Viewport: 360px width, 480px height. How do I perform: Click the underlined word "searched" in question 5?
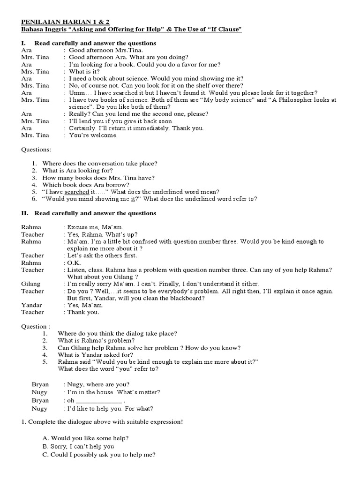(76, 192)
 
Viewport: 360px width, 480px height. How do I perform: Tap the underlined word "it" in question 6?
(133, 199)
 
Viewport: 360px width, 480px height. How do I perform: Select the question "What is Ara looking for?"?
(77, 171)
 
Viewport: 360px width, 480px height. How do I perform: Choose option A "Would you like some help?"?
(85, 438)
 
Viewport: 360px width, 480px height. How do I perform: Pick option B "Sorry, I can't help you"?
(78, 446)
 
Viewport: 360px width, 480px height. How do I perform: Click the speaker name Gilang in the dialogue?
(31, 284)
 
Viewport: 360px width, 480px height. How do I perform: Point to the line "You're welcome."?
(93, 135)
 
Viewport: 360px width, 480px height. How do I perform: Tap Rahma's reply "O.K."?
(74, 263)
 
